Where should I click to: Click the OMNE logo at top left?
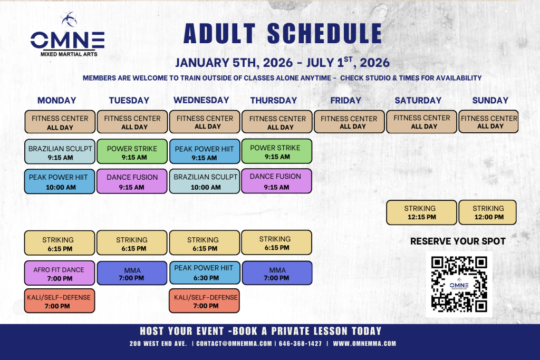(67, 34)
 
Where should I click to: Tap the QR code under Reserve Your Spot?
(459, 284)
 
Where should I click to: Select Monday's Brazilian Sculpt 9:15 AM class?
(60, 151)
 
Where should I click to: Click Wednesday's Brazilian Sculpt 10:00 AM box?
(205, 181)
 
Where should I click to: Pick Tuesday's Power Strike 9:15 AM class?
(132, 151)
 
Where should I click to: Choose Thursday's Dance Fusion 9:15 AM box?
(276, 181)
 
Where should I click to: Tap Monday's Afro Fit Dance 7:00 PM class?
(60, 273)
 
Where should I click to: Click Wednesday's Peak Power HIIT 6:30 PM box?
(205, 273)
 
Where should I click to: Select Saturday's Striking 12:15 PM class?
(421, 212)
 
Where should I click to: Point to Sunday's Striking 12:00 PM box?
(488, 212)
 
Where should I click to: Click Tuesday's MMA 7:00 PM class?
(132, 273)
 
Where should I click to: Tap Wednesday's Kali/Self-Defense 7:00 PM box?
(204, 301)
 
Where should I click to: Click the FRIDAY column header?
(346, 101)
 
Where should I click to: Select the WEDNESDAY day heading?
(201, 100)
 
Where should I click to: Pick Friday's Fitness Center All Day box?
(349, 122)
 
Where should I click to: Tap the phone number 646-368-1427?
(300, 344)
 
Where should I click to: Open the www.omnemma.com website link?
(364, 344)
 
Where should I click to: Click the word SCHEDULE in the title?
(324, 34)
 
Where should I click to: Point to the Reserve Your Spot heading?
(458, 241)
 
